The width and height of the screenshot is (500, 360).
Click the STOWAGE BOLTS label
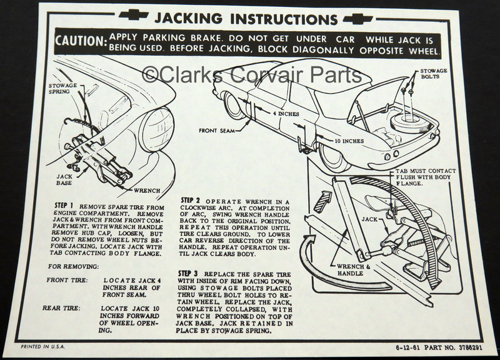point(433,75)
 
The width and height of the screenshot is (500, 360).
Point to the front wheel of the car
point(234,105)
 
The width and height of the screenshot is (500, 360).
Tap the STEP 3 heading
point(189,274)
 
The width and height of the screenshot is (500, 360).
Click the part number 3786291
point(466,346)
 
